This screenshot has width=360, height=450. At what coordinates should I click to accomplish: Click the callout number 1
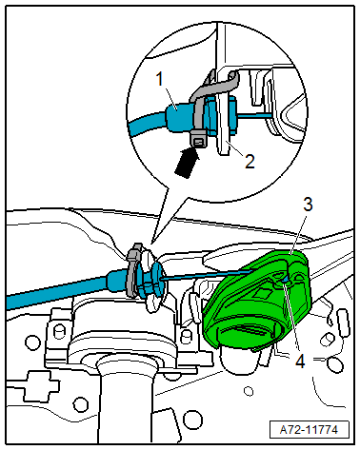coord(160,79)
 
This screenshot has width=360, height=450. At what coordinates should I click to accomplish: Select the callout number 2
coord(250,161)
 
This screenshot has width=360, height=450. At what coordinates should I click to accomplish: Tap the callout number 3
coord(308,205)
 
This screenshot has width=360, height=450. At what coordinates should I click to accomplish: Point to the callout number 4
coord(300,361)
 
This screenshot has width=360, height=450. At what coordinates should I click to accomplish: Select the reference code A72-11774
coord(309,430)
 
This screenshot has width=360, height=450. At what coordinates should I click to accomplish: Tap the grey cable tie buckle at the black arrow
coord(198,141)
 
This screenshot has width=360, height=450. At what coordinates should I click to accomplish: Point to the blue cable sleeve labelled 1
coord(178,117)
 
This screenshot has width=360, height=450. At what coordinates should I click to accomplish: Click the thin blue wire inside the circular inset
coord(254,116)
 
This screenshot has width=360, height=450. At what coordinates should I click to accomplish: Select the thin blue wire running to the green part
coord(208,274)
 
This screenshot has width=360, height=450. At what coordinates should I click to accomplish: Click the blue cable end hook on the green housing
coord(286,280)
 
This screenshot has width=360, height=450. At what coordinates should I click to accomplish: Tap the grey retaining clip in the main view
coord(133,269)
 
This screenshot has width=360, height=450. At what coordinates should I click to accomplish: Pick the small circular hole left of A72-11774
coord(249,391)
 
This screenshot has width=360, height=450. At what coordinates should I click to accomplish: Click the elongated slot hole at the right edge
coord(343,323)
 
